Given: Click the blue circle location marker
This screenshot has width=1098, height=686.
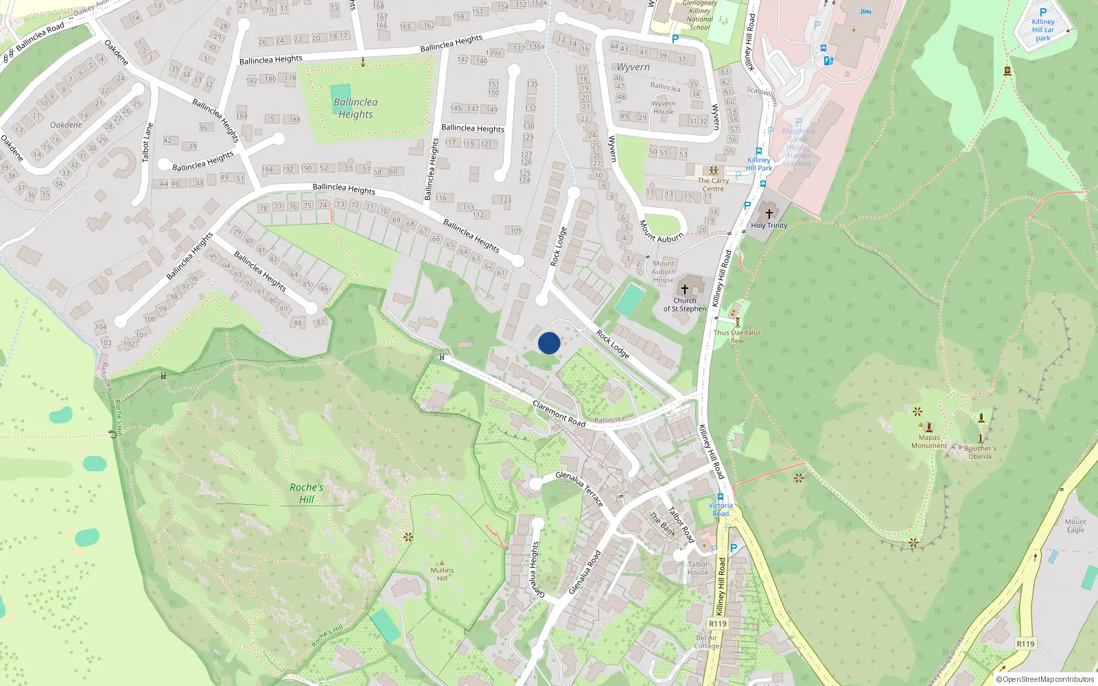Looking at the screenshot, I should point(549,343).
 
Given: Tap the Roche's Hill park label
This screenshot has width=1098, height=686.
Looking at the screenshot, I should point(306,493).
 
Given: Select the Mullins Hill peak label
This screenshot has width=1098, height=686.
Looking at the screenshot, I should point(442,573).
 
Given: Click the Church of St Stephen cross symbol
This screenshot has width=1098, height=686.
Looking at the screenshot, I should point(684,289).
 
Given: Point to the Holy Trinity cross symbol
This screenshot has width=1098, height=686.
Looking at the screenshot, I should point(769,213).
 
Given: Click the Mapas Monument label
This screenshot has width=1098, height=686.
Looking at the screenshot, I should point(929,441).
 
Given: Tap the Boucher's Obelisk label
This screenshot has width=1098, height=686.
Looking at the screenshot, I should point(980,452).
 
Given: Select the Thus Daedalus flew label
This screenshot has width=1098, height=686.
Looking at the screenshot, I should point(737,336).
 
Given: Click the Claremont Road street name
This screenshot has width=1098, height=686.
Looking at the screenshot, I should point(559,414).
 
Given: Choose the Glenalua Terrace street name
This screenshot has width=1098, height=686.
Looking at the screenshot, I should point(580,488).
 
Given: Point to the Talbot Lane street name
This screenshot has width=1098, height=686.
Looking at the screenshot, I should point(147,142).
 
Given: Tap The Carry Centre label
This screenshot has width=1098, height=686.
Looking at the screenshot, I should point(713,185).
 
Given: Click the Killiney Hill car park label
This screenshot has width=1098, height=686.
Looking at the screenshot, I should point(1042,29).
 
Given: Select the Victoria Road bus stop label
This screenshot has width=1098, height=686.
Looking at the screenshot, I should point(721,509).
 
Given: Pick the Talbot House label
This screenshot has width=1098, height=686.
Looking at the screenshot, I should point(698,568).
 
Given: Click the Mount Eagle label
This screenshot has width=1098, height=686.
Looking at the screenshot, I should point(1075,525).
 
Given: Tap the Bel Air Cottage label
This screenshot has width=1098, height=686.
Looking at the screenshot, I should point(707,641).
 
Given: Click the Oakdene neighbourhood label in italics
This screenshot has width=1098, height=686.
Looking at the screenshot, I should point(66,125).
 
